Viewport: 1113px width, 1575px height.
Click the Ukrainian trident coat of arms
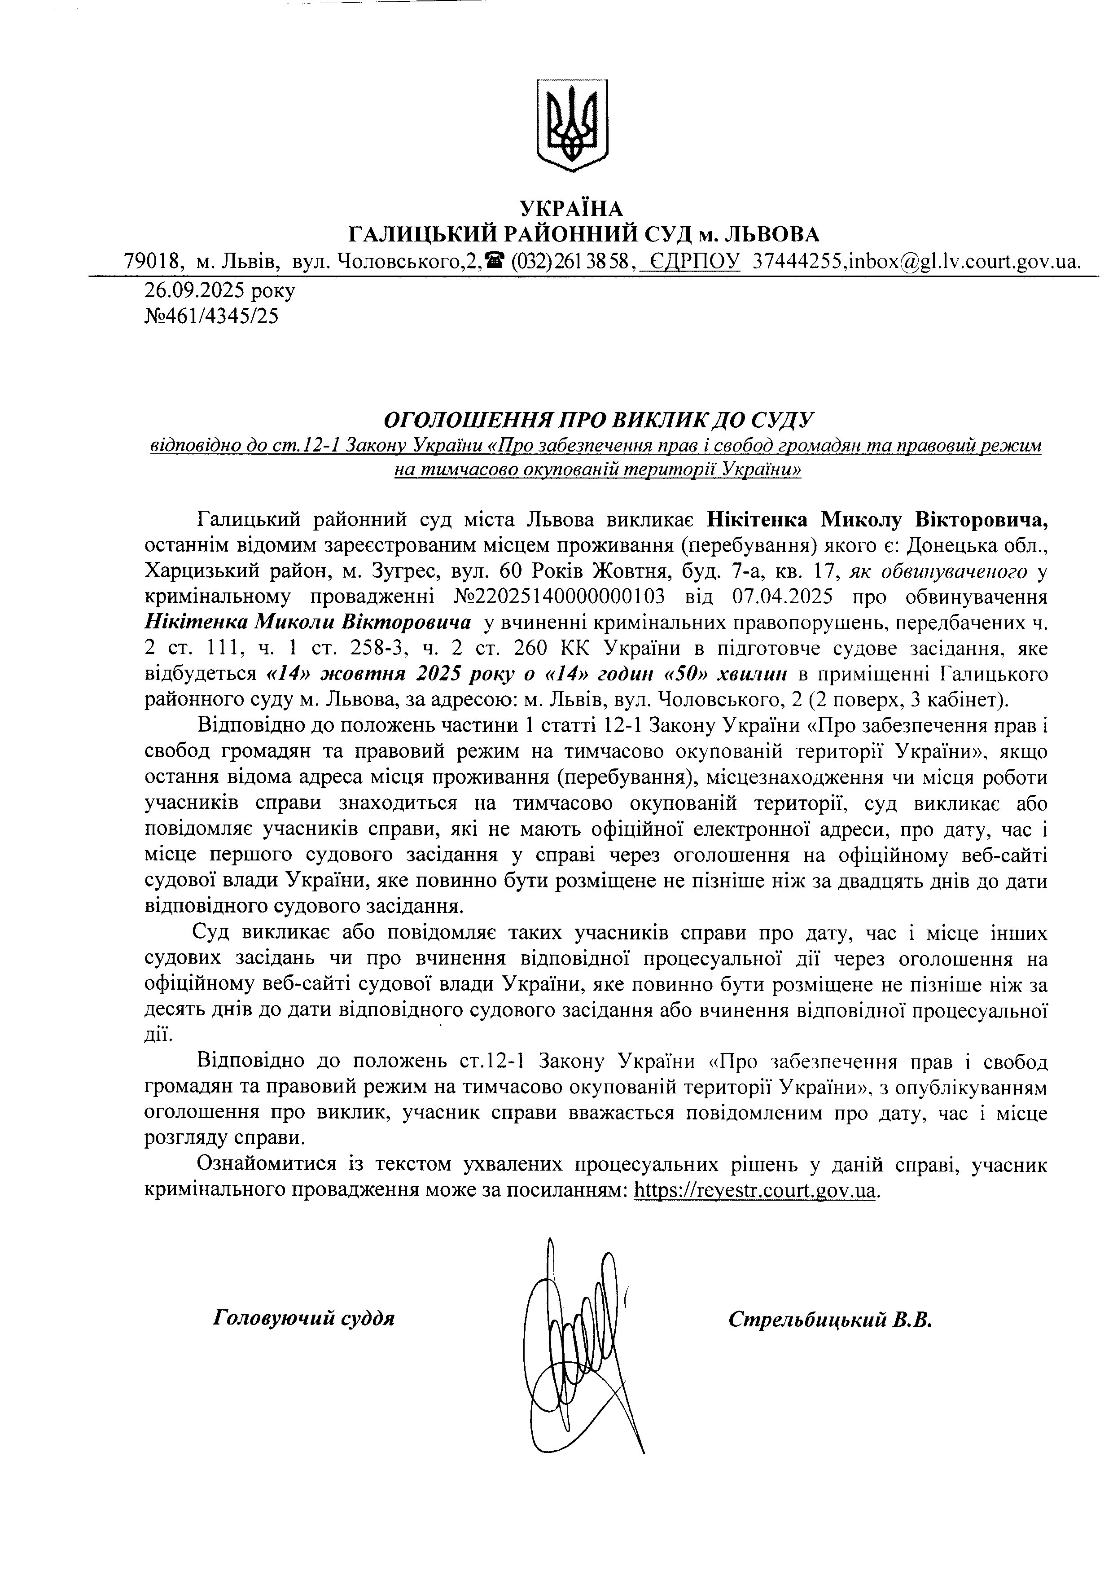tap(572, 125)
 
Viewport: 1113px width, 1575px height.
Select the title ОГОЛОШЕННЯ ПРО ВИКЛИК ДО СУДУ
tap(597, 420)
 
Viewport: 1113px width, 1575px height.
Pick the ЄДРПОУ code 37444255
tap(800, 261)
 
